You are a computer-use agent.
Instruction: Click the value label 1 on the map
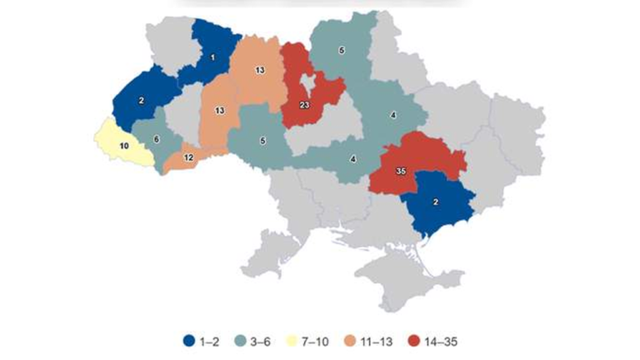tap(212, 57)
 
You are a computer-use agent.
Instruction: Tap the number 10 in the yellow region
tap(123, 145)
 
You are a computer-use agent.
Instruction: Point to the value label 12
tap(188, 157)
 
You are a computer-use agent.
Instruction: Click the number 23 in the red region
tap(304, 105)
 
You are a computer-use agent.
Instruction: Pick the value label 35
tap(401, 171)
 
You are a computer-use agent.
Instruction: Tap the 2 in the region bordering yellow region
tap(142, 100)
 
